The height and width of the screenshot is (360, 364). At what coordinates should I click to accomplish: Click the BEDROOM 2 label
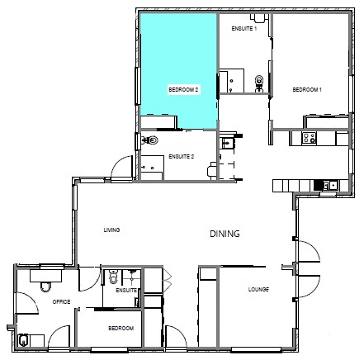click(183, 89)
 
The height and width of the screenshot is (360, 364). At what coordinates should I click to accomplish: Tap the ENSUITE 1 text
click(244, 29)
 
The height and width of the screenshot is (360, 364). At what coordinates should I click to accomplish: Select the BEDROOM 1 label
click(307, 89)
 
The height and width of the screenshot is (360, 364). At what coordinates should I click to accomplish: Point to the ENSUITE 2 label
click(181, 156)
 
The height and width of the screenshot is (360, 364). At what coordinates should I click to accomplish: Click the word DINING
click(224, 234)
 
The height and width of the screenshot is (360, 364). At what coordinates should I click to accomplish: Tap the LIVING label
click(111, 230)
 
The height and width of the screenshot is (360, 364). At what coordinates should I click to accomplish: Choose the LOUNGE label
click(259, 290)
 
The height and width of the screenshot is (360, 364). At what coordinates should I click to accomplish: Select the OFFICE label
click(61, 302)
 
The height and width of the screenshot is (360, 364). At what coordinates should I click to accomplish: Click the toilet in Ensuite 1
click(261, 81)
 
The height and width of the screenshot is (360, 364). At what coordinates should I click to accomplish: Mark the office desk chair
click(45, 286)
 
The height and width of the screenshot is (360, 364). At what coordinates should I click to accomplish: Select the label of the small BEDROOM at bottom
click(121, 329)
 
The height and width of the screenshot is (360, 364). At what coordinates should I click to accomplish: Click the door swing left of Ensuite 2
click(123, 169)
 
